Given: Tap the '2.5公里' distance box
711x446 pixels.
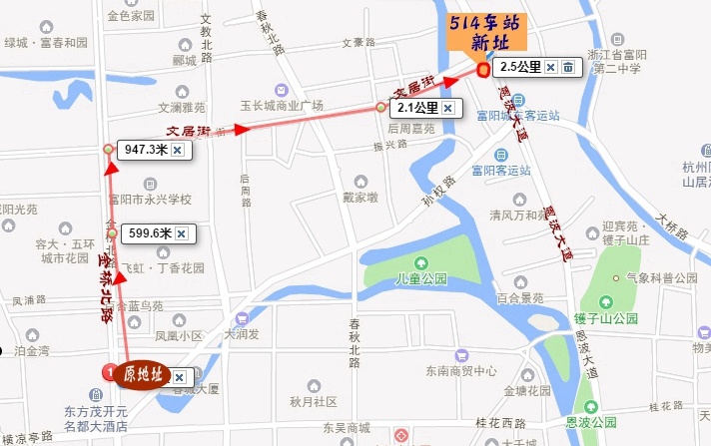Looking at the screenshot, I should tap(520, 68).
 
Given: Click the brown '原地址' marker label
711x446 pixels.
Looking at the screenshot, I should tap(141, 375).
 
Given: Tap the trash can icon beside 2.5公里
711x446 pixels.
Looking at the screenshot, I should tap(567, 68).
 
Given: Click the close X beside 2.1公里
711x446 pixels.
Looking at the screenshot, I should tap(447, 108).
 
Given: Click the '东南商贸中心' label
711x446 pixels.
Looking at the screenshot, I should tap(460, 370).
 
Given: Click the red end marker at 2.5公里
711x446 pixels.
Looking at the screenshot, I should tap(482, 70).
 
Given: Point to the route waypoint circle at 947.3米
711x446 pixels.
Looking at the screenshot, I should tap(108, 150).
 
